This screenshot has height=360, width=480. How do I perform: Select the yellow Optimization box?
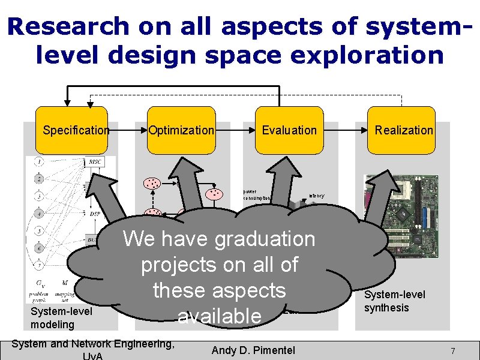(x=181, y=130)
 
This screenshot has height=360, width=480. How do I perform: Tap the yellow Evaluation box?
(x=289, y=130)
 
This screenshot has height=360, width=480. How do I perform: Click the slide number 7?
(x=453, y=350)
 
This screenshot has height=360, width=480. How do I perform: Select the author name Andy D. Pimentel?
(x=253, y=350)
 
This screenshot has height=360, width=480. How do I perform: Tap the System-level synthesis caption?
(x=395, y=301)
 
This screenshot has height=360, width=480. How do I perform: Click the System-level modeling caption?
(x=61, y=318)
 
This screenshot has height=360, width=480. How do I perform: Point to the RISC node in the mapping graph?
(x=95, y=162)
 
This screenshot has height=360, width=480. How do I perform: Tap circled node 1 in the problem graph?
(x=38, y=161)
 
